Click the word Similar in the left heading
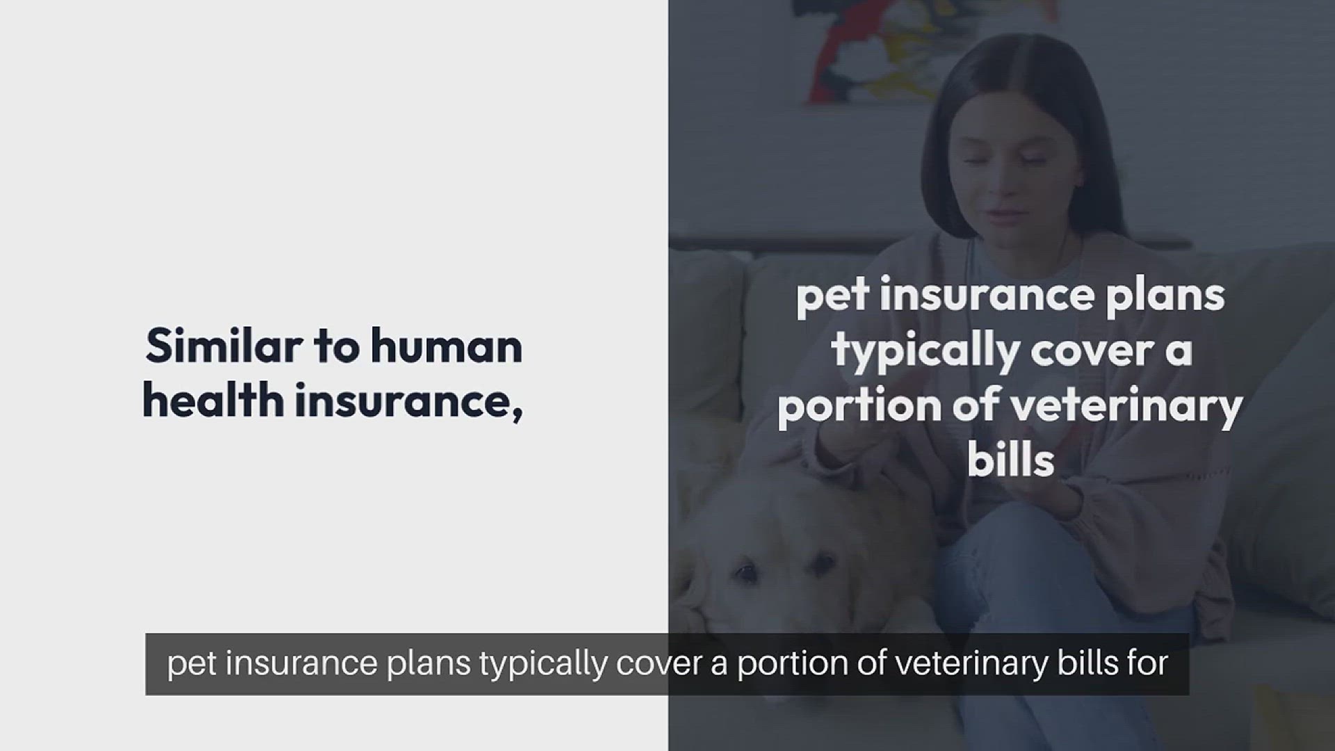[x=224, y=346]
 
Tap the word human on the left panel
[x=446, y=346]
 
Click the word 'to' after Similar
[x=337, y=347]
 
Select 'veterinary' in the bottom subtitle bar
[x=971, y=664]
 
